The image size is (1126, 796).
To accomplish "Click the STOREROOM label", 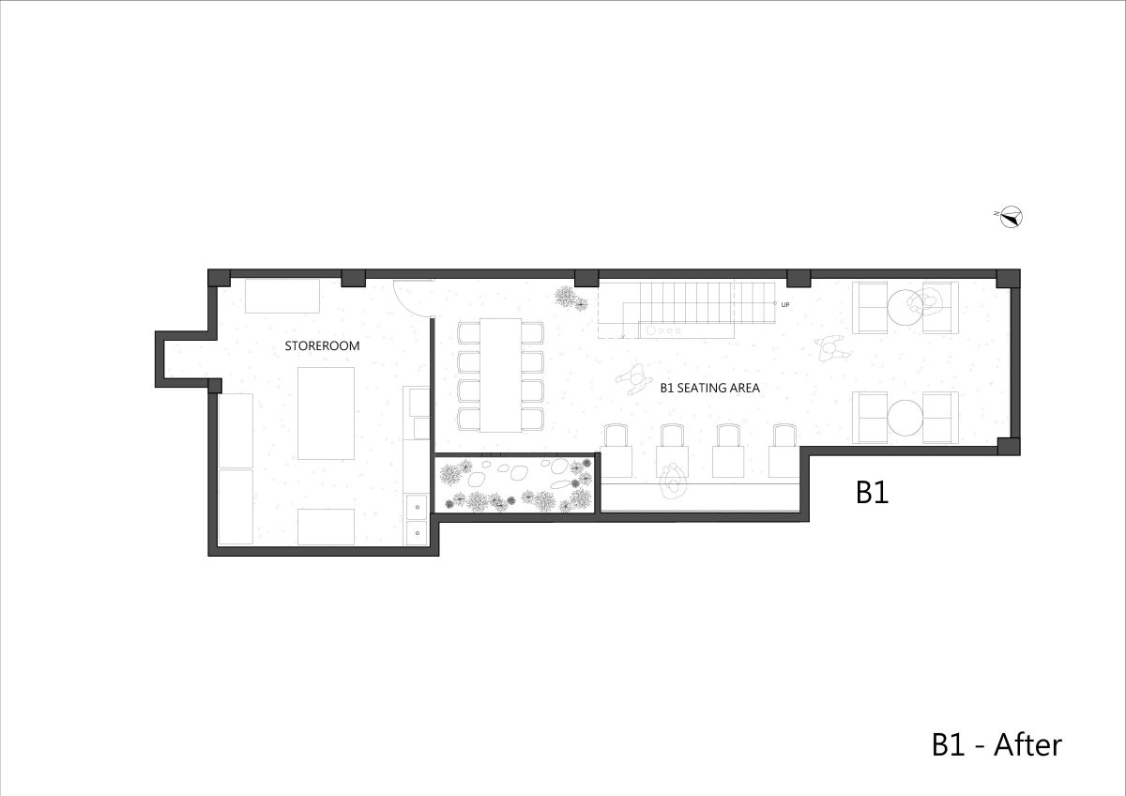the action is pyautogui.click(x=322, y=346).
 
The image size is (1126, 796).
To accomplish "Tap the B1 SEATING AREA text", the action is pyautogui.click(x=709, y=388).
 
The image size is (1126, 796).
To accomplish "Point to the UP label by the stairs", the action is pyautogui.click(x=785, y=305).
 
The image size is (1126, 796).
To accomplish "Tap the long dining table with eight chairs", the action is pyautogui.click(x=501, y=375).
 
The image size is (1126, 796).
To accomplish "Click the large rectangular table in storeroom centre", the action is pyautogui.click(x=326, y=413).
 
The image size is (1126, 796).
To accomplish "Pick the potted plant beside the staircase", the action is pyautogui.click(x=571, y=298).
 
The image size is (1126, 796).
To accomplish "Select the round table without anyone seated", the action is pyautogui.click(x=905, y=418).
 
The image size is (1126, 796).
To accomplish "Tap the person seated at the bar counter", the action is pyautogui.click(x=672, y=480).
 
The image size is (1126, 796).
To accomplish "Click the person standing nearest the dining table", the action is pyautogui.click(x=634, y=378).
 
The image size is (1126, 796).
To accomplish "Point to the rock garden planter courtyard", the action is pyautogui.click(x=515, y=484).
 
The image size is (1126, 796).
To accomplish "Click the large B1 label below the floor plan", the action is pyautogui.click(x=872, y=492).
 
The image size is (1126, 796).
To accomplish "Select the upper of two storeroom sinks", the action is pyautogui.click(x=417, y=507).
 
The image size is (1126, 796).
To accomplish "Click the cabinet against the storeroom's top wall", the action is pyautogui.click(x=282, y=297).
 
